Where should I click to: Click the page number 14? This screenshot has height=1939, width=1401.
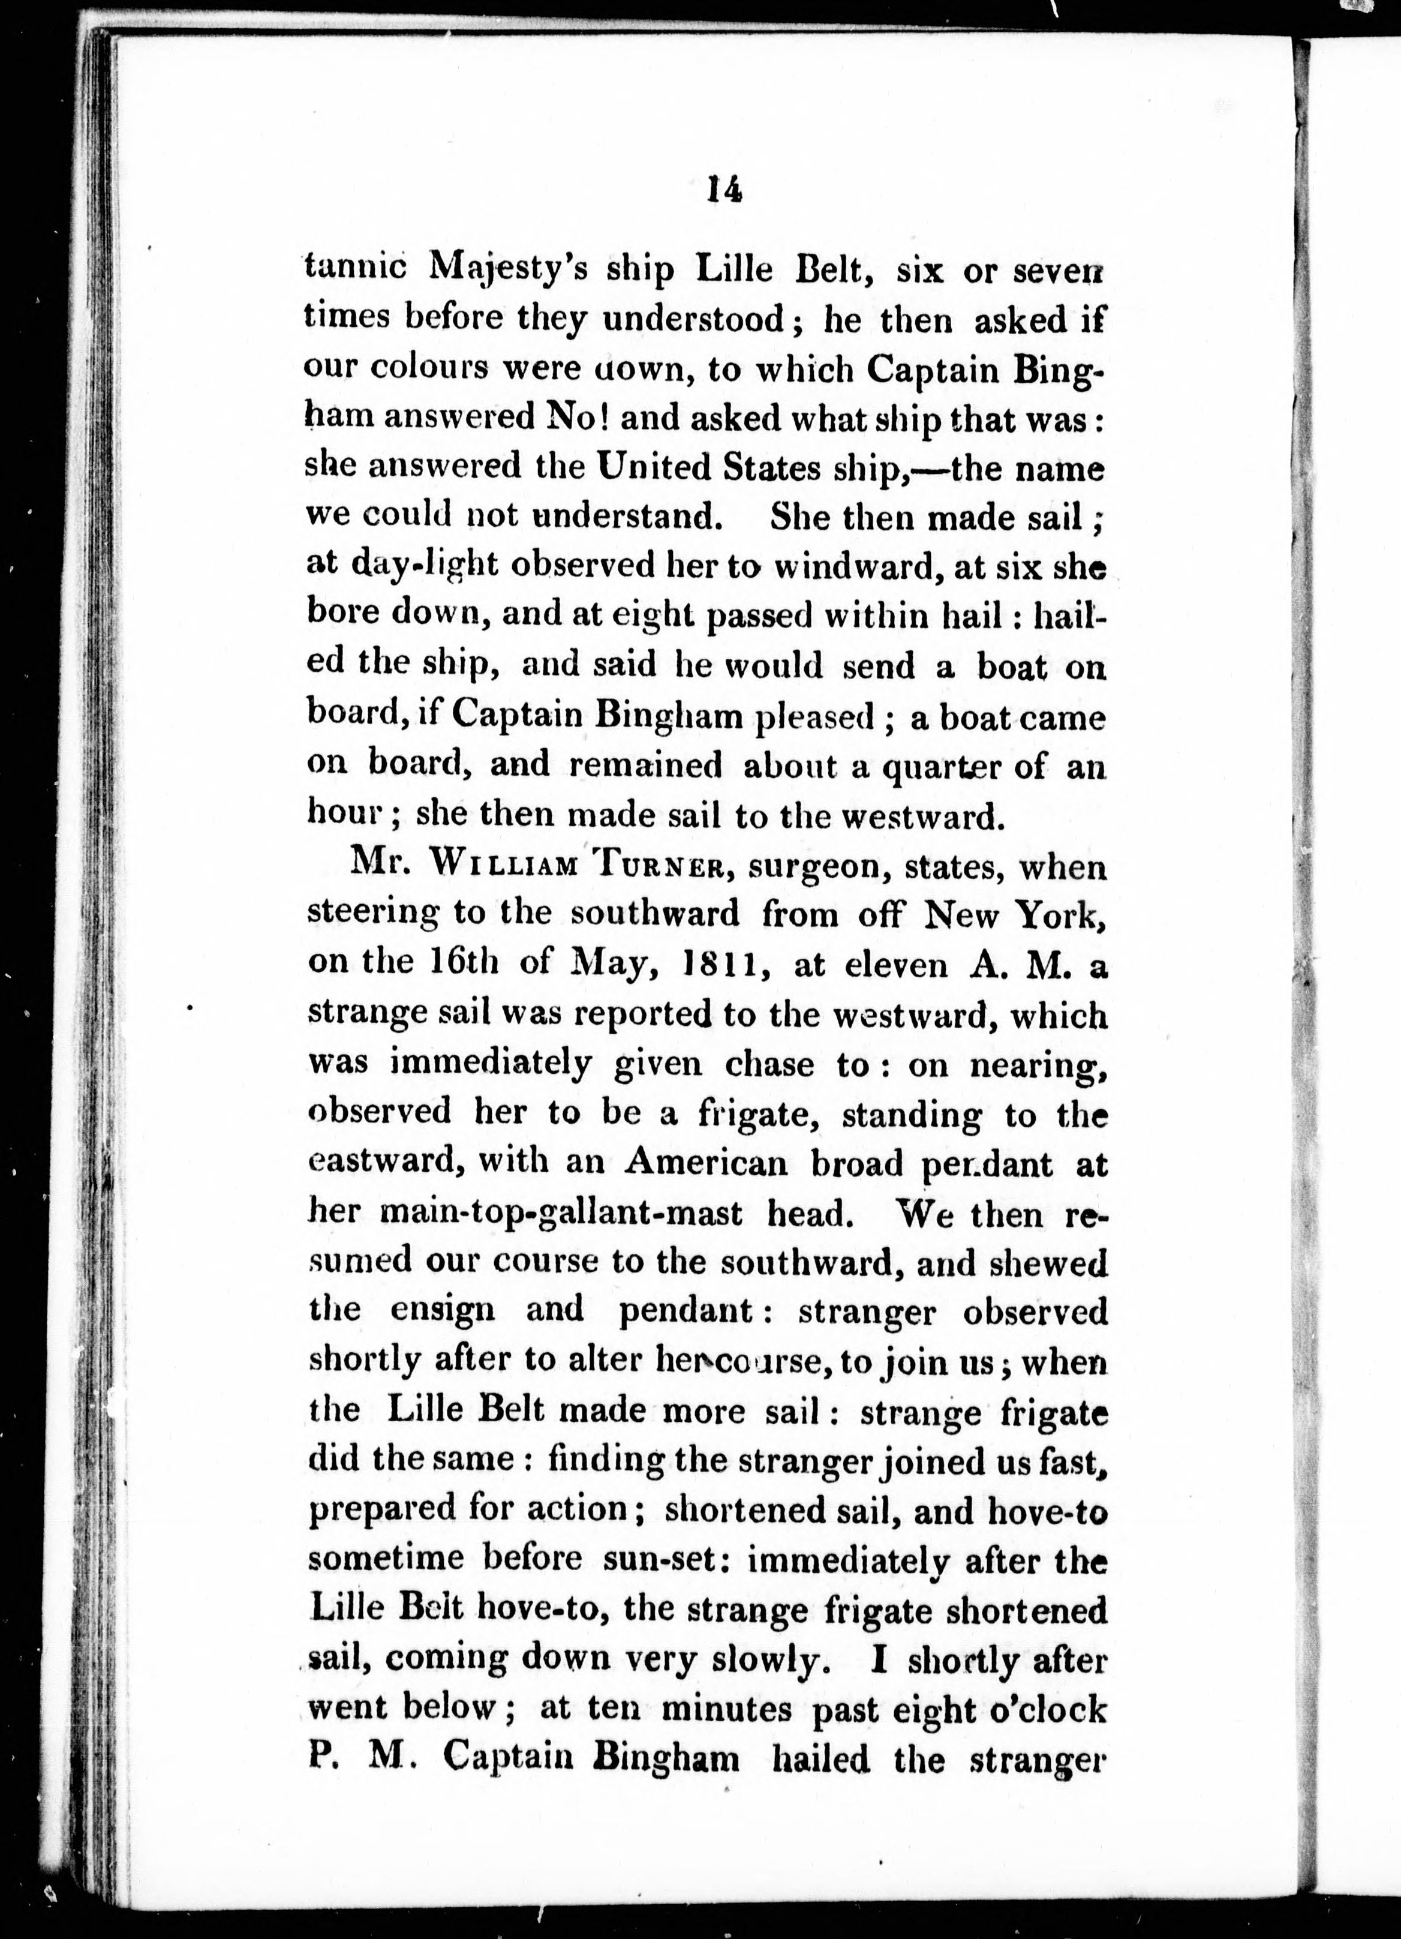(724, 188)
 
